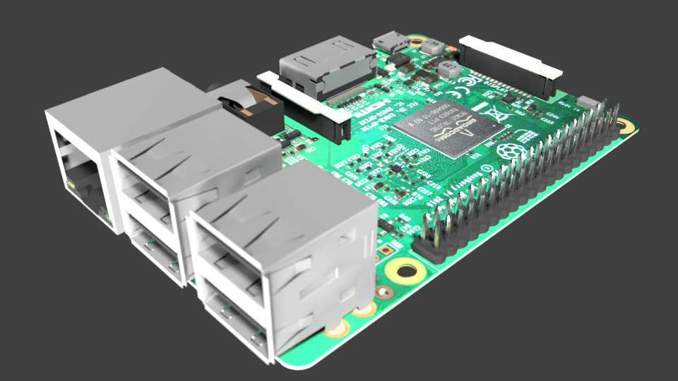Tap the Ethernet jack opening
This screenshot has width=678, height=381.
pyautogui.click(x=81, y=173)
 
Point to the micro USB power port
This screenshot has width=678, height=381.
pyautogui.click(x=391, y=41)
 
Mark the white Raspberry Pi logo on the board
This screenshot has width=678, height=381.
pyautogui.click(x=507, y=150)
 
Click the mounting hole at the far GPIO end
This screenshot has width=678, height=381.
pyautogui.click(x=624, y=126)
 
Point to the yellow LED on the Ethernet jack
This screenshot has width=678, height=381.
pyautogui.click(x=71, y=184)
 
